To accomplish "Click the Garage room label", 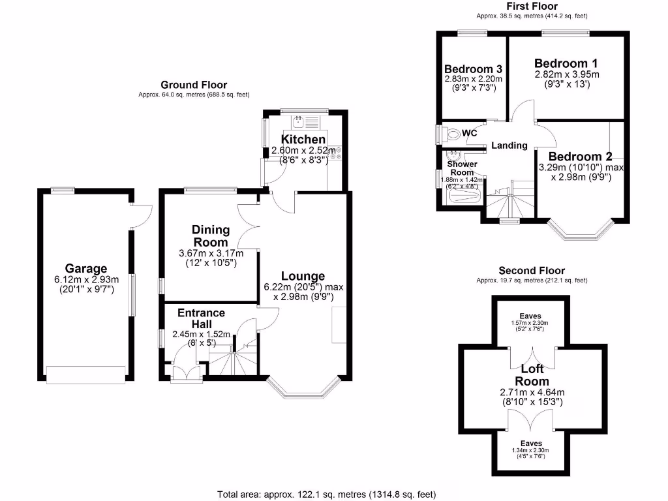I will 85,268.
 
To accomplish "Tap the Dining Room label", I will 211,235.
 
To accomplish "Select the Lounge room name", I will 303,276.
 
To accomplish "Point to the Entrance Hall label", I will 201,318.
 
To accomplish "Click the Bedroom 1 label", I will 566,63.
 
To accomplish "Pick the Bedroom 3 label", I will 473,69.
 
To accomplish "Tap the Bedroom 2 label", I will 580,157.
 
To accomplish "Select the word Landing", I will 509,145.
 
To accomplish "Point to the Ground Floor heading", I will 194,85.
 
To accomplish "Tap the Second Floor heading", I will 532,270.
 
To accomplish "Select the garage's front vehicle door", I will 85,374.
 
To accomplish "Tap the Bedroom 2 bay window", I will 580,232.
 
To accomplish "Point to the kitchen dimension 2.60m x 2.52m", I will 303,151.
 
